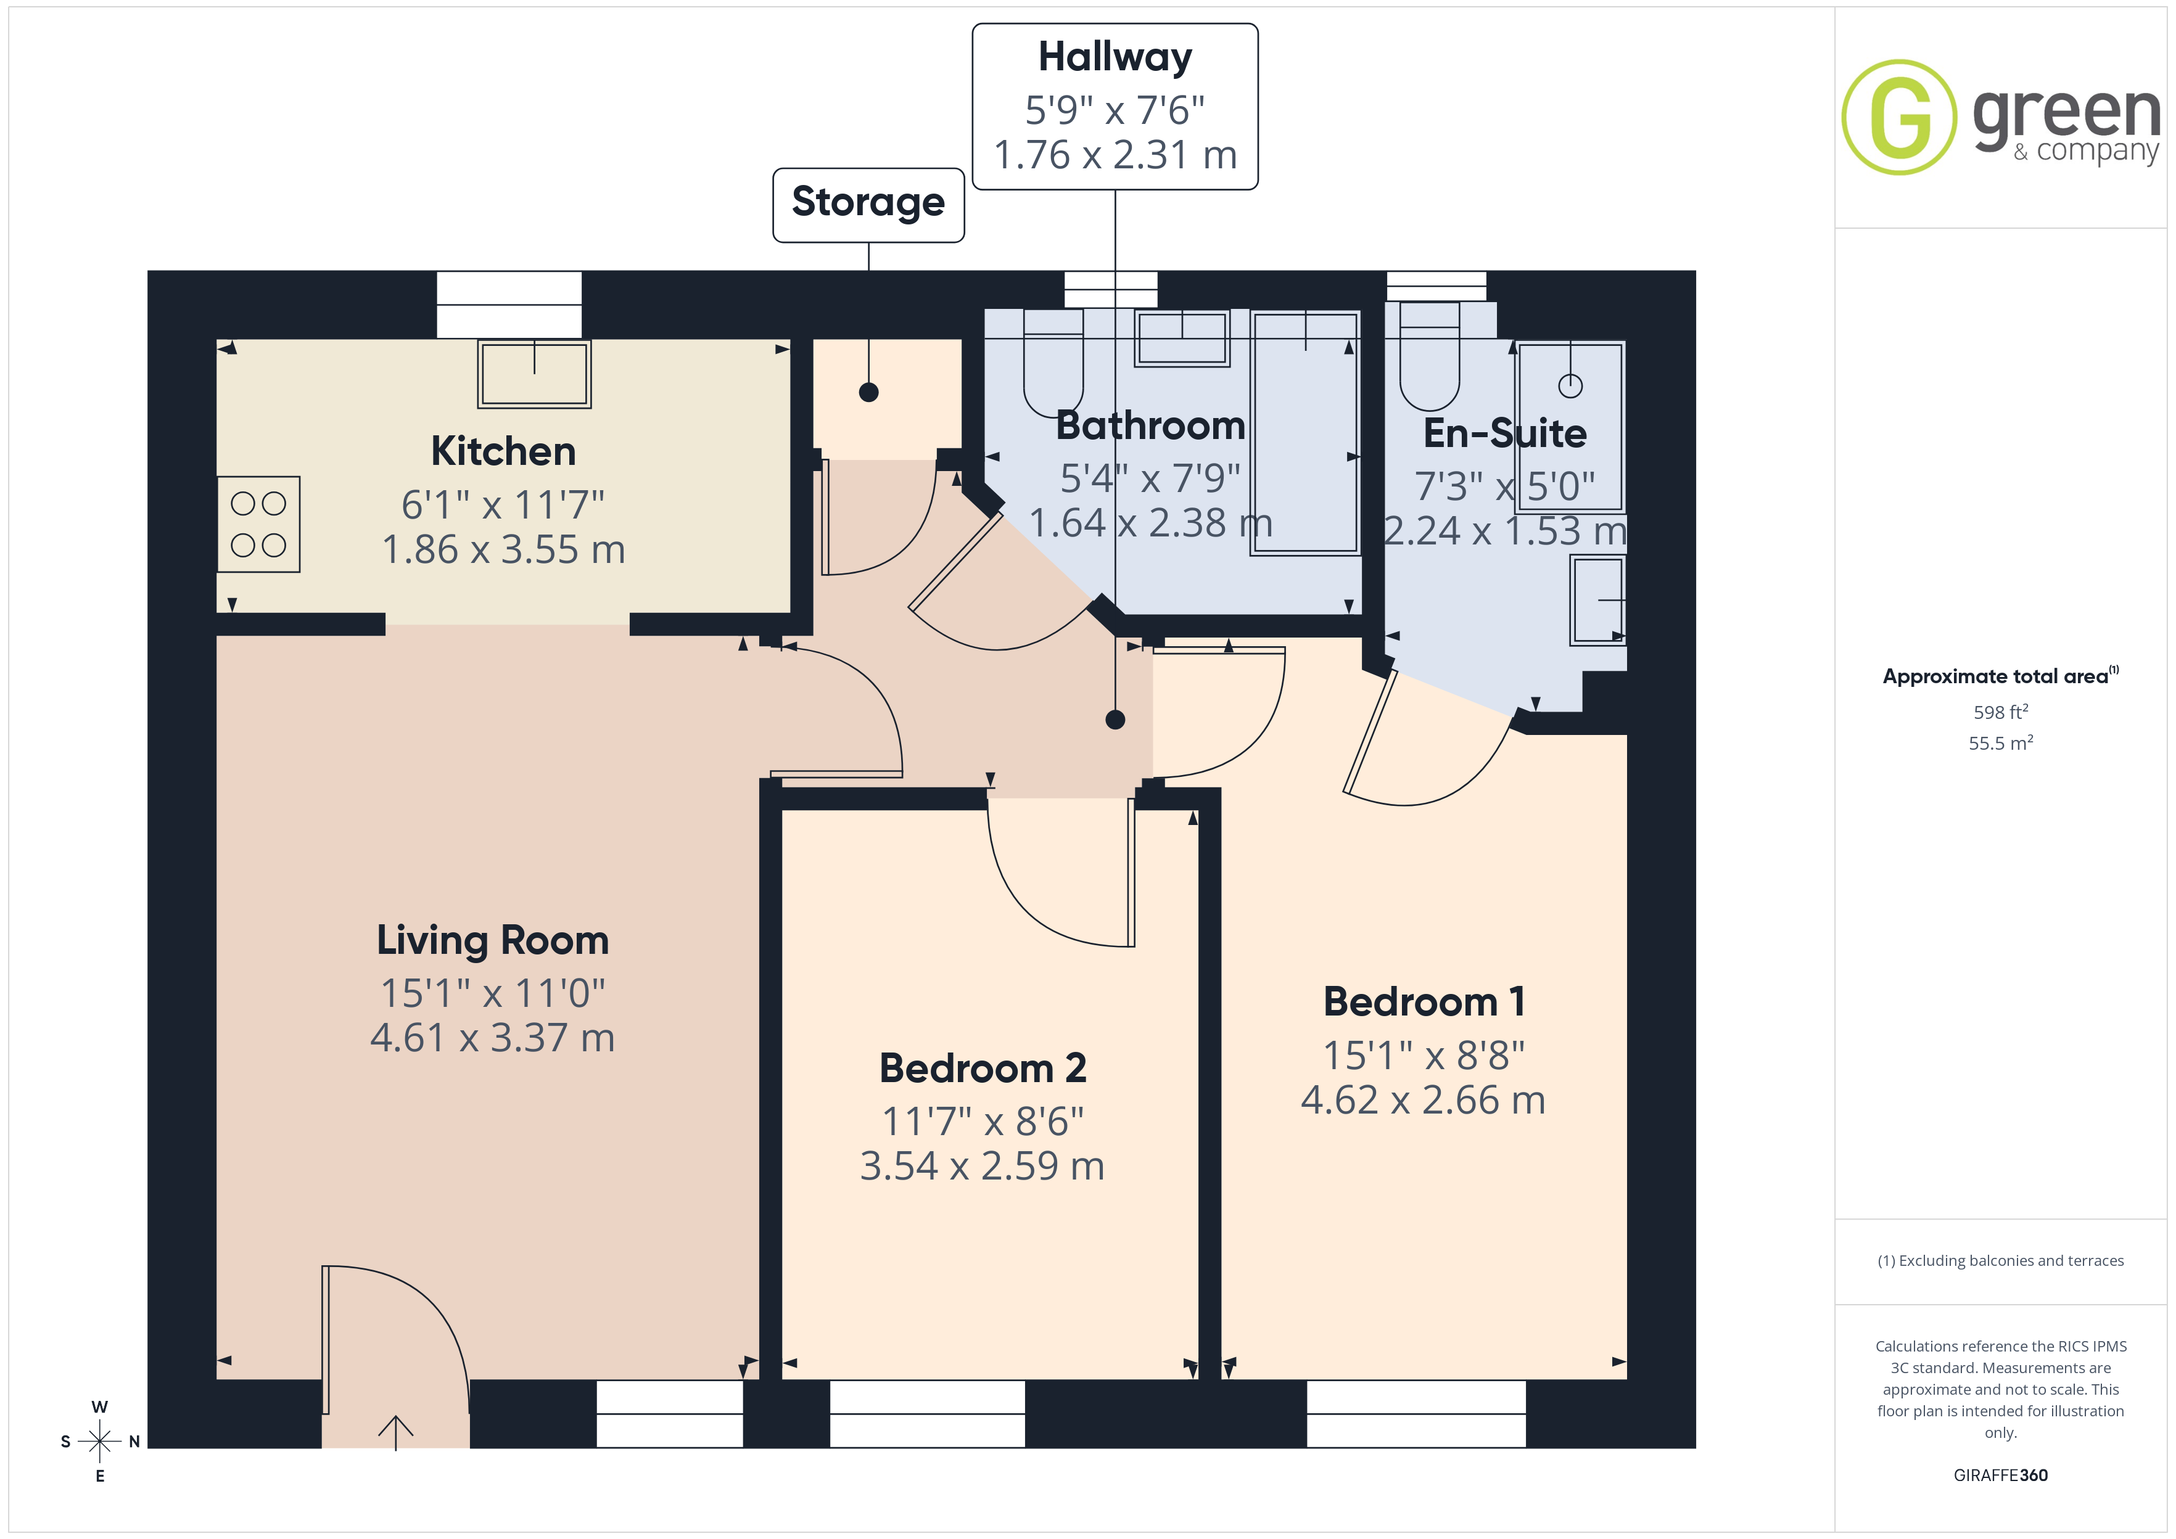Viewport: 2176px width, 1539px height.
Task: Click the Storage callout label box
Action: (868, 205)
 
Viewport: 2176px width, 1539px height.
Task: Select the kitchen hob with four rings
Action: (258, 524)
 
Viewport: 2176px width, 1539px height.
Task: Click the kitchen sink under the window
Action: (535, 374)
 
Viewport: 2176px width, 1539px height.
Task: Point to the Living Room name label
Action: (493, 940)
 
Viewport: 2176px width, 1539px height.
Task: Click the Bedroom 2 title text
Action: (983, 1068)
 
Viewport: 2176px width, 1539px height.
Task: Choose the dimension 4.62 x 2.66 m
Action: (1422, 1100)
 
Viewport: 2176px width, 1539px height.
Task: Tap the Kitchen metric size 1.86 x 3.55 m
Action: (503, 549)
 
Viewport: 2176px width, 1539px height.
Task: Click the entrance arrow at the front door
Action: (395, 1432)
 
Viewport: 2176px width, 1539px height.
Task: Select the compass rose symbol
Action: (99, 1442)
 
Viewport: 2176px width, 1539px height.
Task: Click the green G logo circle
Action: (1898, 118)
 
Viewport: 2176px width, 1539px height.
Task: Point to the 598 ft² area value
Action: (2001, 712)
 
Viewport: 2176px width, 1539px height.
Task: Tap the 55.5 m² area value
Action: (2001, 743)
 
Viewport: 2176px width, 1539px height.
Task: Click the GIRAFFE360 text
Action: (2001, 1475)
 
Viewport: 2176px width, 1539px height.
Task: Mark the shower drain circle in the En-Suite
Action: (1570, 386)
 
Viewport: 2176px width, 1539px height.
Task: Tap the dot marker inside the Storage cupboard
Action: (868, 392)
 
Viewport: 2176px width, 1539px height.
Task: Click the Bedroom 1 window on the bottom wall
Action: (1416, 1414)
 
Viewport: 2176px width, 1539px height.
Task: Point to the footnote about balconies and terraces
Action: (2001, 1260)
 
